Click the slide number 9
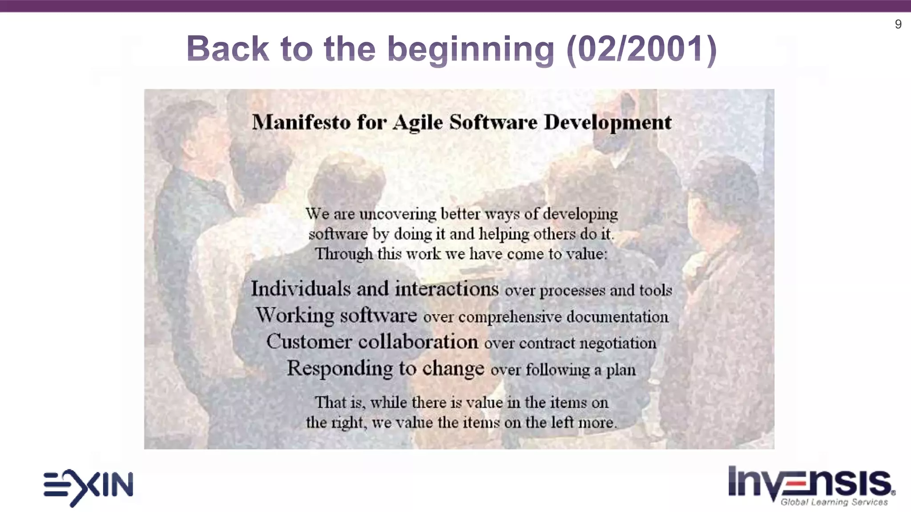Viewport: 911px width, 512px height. [x=898, y=24]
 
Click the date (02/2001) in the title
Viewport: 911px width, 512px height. [x=641, y=48]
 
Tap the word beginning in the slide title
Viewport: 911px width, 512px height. [x=471, y=49]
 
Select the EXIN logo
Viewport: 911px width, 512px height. [x=88, y=487]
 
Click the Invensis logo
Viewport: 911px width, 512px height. [x=810, y=482]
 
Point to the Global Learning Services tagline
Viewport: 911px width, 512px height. [x=834, y=502]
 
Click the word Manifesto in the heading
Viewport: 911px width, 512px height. [x=301, y=122]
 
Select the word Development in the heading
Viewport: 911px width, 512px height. [x=608, y=123]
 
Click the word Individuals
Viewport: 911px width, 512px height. [x=301, y=289]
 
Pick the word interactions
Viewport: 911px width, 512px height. [x=447, y=289]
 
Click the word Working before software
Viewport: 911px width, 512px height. [x=294, y=316]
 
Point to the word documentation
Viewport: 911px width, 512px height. [x=617, y=317]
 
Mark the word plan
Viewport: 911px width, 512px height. [x=621, y=370]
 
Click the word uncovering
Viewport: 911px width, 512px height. [x=398, y=214]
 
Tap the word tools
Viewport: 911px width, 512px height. [x=655, y=290]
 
